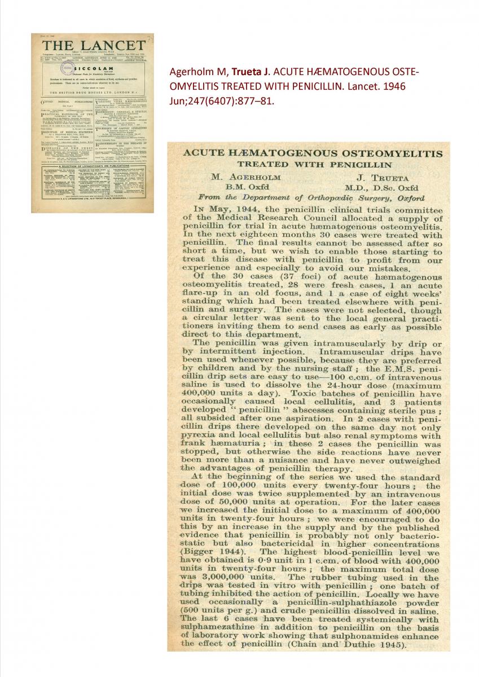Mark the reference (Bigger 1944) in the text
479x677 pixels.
click(211, 551)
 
